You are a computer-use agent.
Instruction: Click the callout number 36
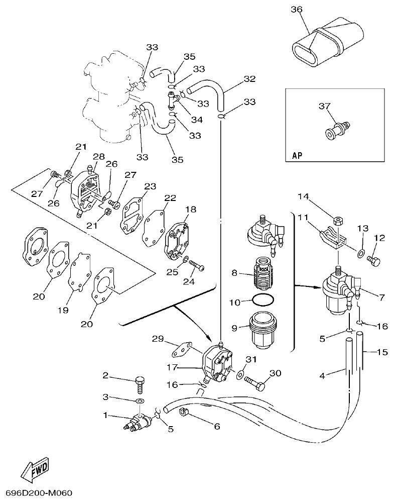pyautogui.click(x=297, y=9)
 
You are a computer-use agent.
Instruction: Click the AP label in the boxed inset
pyautogui.click(x=298, y=156)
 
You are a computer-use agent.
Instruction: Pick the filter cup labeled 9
pyautogui.click(x=262, y=330)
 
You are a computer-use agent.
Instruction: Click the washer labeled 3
pyautogui.click(x=139, y=401)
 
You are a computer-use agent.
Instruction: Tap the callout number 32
pyautogui.click(x=249, y=79)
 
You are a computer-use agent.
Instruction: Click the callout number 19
pyautogui.click(x=62, y=311)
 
